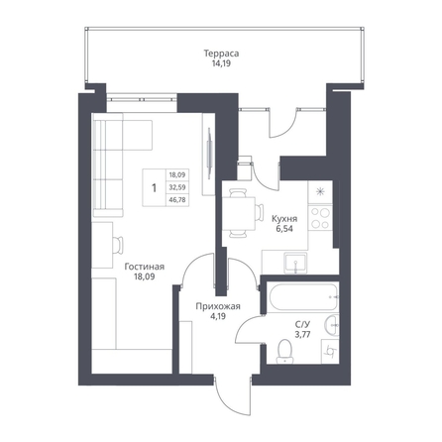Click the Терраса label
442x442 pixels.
point(221,54)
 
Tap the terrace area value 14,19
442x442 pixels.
point(221,63)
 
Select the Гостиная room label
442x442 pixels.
point(145,267)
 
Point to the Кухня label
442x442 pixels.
point(284,219)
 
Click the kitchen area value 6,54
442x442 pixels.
point(284,229)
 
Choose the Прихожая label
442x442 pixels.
point(218,306)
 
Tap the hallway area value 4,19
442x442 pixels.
point(218,316)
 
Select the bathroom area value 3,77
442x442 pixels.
point(302,335)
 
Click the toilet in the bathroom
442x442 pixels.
point(285,351)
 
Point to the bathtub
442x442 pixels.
point(302,297)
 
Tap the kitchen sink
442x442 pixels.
point(295,264)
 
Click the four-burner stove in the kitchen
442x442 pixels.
point(320,218)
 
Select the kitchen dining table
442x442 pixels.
point(239,213)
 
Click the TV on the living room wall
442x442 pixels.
point(209,154)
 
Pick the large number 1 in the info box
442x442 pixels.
point(154,188)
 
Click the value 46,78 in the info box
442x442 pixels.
point(177,200)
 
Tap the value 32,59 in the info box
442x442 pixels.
point(177,187)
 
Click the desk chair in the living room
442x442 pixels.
point(118,245)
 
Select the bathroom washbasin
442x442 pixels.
point(332,325)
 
